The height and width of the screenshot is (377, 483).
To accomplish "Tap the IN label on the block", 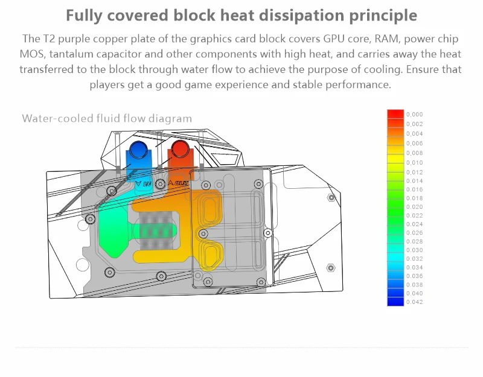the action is coord(144,182).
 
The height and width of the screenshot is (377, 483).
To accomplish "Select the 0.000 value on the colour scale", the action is coord(415,114).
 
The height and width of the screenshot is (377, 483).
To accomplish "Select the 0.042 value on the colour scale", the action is coord(415,302).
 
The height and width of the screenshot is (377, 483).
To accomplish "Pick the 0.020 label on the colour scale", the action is coord(415,207).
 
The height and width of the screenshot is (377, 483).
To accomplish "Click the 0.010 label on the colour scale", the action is coord(415,163).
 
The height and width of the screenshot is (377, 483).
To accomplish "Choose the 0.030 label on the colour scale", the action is coord(415,250).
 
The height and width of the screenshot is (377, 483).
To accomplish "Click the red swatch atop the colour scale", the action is coord(395,114).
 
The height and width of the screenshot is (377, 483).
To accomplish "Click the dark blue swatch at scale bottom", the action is coord(395,302).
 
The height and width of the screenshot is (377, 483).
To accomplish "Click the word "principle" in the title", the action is coord(380,16).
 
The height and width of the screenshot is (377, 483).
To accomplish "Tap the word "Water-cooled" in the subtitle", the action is coord(58,118).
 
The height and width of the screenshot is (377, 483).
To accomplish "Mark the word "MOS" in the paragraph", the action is coord(32,54).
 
